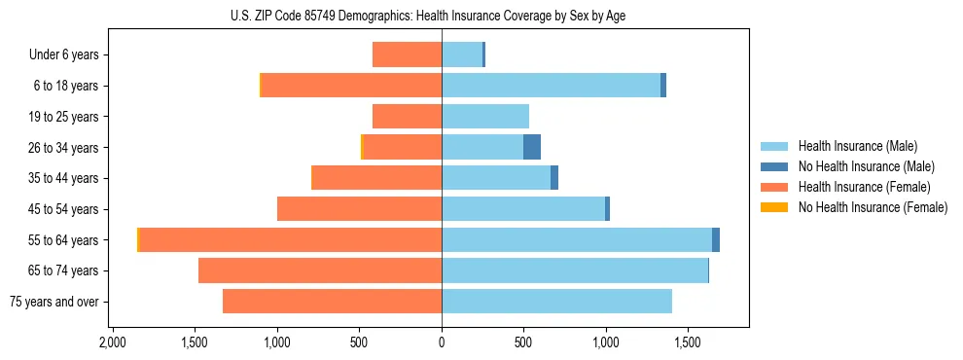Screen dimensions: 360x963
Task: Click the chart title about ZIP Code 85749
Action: (442, 16)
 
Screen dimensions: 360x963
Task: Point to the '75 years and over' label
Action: (54, 302)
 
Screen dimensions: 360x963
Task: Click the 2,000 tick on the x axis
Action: (113, 342)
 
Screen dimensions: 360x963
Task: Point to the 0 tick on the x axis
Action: (442, 342)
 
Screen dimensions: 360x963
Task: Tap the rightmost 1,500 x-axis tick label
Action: (688, 342)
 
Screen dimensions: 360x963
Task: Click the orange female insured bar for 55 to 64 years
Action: (290, 239)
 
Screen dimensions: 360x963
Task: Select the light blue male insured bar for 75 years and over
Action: (556, 302)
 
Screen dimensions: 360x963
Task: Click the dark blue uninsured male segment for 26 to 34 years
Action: (531, 147)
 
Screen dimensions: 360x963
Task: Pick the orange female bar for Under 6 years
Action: (407, 54)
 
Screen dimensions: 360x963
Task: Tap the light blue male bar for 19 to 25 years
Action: (484, 117)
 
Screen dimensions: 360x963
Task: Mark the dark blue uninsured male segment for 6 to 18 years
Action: (663, 86)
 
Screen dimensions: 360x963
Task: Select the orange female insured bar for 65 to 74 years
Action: (320, 270)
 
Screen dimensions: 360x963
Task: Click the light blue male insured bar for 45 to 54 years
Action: (523, 209)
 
